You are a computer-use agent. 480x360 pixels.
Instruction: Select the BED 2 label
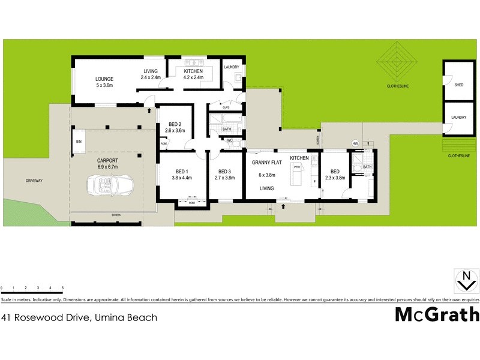tap(175, 124)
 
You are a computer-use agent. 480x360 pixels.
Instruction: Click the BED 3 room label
tap(224, 170)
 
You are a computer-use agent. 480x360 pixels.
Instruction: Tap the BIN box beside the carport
tap(79, 142)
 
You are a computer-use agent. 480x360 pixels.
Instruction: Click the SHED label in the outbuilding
tap(459, 85)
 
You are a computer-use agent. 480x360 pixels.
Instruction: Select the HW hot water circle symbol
tap(355, 143)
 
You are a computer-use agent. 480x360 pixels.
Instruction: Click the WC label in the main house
tap(229, 140)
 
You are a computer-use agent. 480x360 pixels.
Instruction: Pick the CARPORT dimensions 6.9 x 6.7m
tap(109, 168)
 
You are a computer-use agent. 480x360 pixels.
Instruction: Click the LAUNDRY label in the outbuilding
tap(459, 118)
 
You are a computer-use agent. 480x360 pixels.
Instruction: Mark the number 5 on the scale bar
tap(63, 289)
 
